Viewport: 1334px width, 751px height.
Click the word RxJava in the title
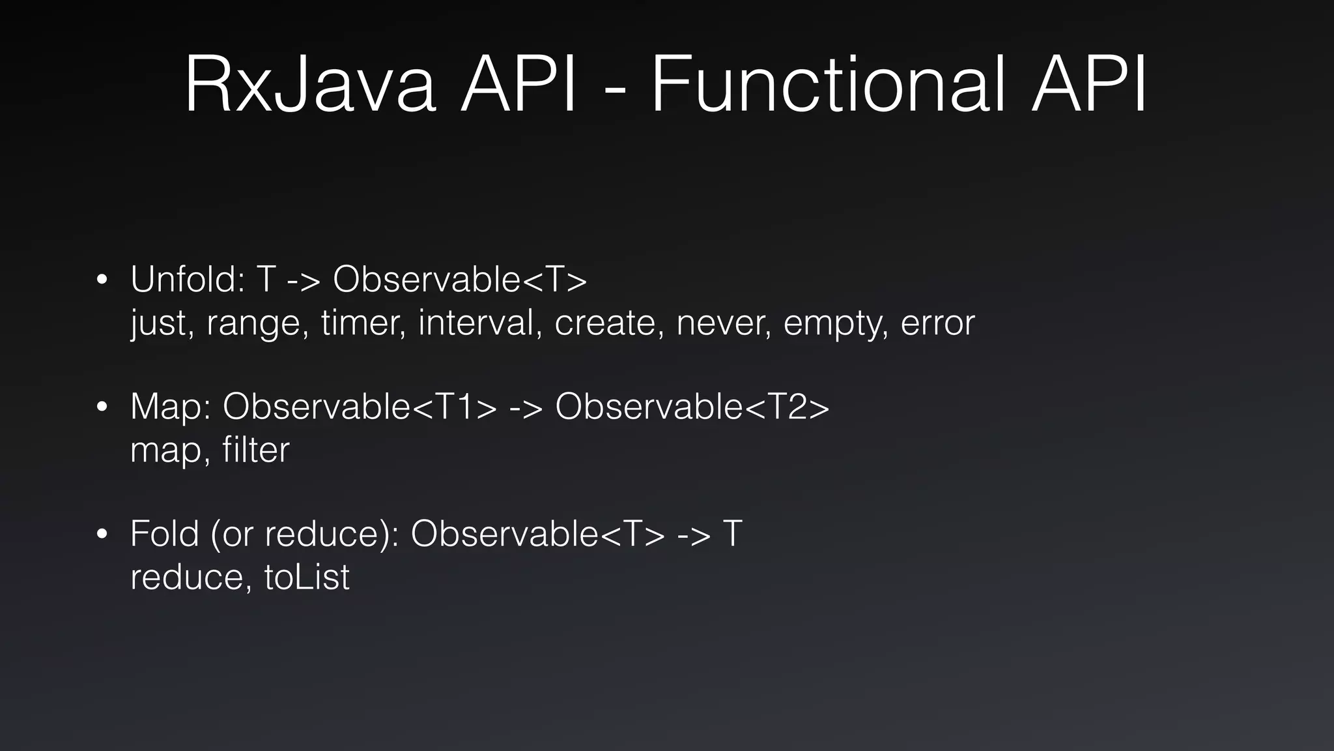click(310, 85)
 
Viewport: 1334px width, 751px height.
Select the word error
click(937, 323)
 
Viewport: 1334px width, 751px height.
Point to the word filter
click(255, 449)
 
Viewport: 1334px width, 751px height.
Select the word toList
click(307, 576)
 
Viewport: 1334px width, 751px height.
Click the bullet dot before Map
click(101, 407)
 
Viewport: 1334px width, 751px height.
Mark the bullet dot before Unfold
click(101, 280)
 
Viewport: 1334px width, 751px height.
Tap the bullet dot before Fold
click(101, 535)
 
